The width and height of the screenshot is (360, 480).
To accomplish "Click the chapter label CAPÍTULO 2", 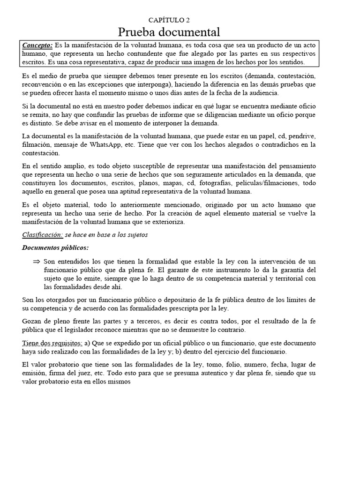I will [169, 20].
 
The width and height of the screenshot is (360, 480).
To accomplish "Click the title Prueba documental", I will [169, 32].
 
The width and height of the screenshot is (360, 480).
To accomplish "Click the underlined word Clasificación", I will [42, 235].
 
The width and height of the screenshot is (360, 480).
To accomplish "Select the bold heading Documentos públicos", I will [55, 247].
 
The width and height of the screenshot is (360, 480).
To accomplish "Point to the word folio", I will [233, 365].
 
